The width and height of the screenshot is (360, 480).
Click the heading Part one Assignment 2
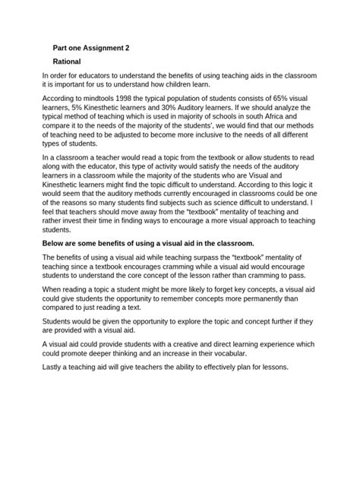pyautogui.click(x=90, y=47)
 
